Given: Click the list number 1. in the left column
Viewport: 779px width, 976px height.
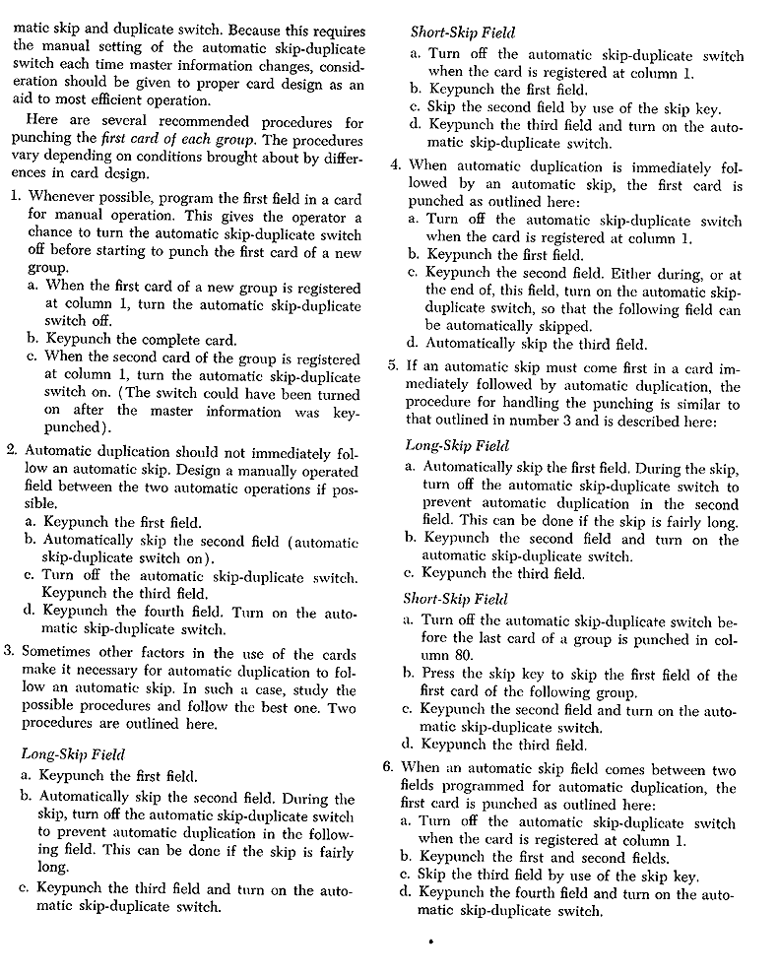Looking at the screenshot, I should (x=17, y=197).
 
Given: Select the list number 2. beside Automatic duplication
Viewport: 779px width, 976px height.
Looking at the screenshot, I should (x=13, y=451).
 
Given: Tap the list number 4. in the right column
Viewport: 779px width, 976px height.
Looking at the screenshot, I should (x=397, y=165).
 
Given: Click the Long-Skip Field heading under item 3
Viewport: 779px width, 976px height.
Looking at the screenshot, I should (x=73, y=754).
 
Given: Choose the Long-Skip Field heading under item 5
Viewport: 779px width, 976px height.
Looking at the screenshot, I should (x=456, y=445).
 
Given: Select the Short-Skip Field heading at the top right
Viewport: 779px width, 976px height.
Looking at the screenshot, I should (x=462, y=33).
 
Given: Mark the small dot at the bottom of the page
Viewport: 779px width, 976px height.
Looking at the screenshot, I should (x=430, y=943).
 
